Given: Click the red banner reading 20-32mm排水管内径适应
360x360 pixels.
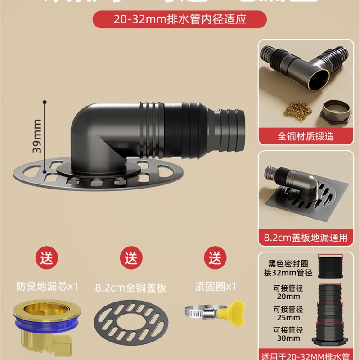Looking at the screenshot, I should coord(180,20).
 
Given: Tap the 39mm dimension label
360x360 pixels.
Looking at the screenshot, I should coord(37,135).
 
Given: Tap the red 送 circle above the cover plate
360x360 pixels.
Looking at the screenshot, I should coord(131,258).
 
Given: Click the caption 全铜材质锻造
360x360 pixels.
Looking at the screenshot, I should coord(306,135).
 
